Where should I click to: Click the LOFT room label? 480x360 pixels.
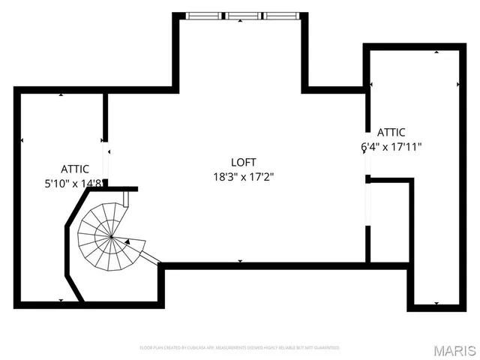click(x=243, y=162)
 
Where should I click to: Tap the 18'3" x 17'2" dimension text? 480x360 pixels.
click(x=243, y=177)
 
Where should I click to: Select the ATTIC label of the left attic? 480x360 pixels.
click(x=76, y=169)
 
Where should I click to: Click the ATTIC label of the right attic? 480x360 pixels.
click(x=391, y=133)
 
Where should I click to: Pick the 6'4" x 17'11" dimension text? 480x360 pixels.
click(x=391, y=147)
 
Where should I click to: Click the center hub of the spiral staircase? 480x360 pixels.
click(x=111, y=237)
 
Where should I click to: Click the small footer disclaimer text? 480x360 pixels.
click(x=240, y=348)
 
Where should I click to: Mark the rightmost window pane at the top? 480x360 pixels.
click(x=281, y=14)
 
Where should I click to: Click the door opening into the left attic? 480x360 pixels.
click(x=106, y=158)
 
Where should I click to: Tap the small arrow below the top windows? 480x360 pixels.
click(x=240, y=22)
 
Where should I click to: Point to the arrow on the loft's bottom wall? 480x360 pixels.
click(x=240, y=261)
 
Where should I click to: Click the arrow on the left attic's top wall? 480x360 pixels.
click(x=61, y=94)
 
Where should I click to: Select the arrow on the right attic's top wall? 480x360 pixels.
click(x=436, y=52)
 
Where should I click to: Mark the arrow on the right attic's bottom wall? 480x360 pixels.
click(x=436, y=303)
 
